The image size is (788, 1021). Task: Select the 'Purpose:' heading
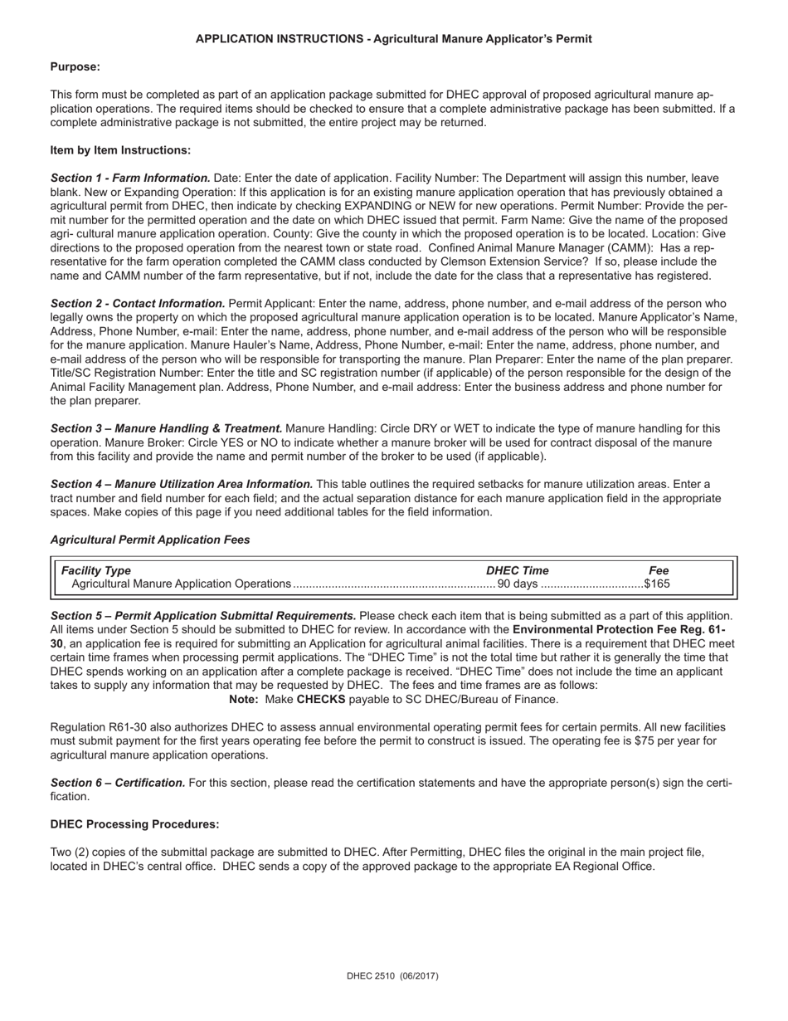[75, 67]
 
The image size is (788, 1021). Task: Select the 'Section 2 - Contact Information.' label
[138, 304]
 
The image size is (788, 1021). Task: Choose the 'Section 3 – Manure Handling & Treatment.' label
[166, 429]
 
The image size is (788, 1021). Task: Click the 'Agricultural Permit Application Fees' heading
[150, 540]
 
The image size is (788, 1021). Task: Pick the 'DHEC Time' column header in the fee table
[517, 570]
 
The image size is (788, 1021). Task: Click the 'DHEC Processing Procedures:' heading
[135, 824]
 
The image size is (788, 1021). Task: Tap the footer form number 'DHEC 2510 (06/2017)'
[392, 977]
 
